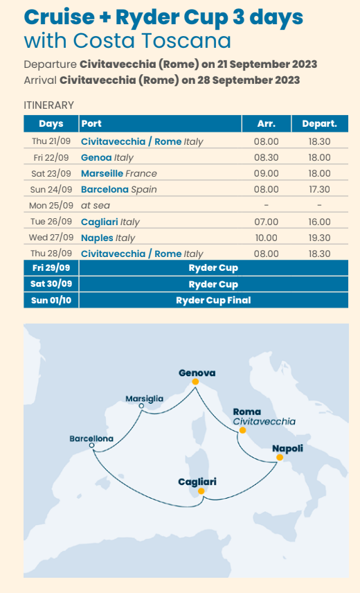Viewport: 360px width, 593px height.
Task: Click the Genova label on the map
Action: (x=197, y=373)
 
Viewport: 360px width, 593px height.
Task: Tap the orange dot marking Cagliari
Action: (x=201, y=491)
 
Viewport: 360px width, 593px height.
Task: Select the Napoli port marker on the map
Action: (x=279, y=457)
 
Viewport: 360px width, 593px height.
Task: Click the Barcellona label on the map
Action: (x=91, y=439)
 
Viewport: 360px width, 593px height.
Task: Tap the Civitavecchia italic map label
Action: (x=264, y=421)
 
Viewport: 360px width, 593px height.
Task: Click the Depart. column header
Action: (x=319, y=124)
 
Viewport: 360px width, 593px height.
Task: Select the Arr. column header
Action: (x=267, y=124)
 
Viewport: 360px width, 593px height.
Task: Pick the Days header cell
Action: (x=51, y=124)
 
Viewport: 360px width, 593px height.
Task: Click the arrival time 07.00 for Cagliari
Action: (x=267, y=222)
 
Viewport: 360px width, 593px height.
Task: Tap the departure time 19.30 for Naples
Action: (x=319, y=238)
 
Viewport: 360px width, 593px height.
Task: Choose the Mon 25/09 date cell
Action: (x=51, y=206)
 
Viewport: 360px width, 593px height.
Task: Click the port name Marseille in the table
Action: (x=102, y=173)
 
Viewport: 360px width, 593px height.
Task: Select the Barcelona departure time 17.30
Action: (x=319, y=189)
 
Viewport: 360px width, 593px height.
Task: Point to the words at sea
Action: (x=96, y=206)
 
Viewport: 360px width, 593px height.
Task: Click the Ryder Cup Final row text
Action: (x=213, y=300)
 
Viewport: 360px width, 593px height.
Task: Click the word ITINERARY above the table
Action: (x=48, y=105)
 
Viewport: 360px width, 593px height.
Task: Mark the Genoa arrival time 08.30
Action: (x=267, y=157)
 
